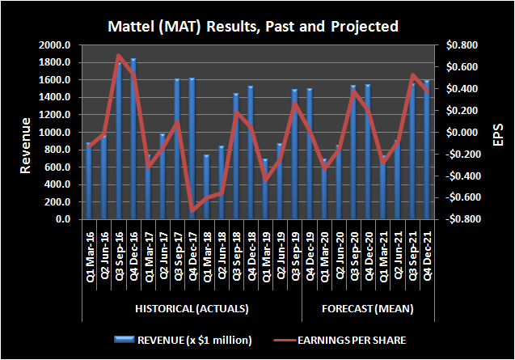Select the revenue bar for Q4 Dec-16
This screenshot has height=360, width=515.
[x=133, y=138]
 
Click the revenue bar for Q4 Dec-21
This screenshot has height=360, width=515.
[x=427, y=149]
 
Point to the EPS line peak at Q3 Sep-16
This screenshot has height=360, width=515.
[x=119, y=56]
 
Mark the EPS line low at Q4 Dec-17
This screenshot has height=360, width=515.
[x=192, y=211]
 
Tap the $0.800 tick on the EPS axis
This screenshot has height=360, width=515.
[x=455, y=45]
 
